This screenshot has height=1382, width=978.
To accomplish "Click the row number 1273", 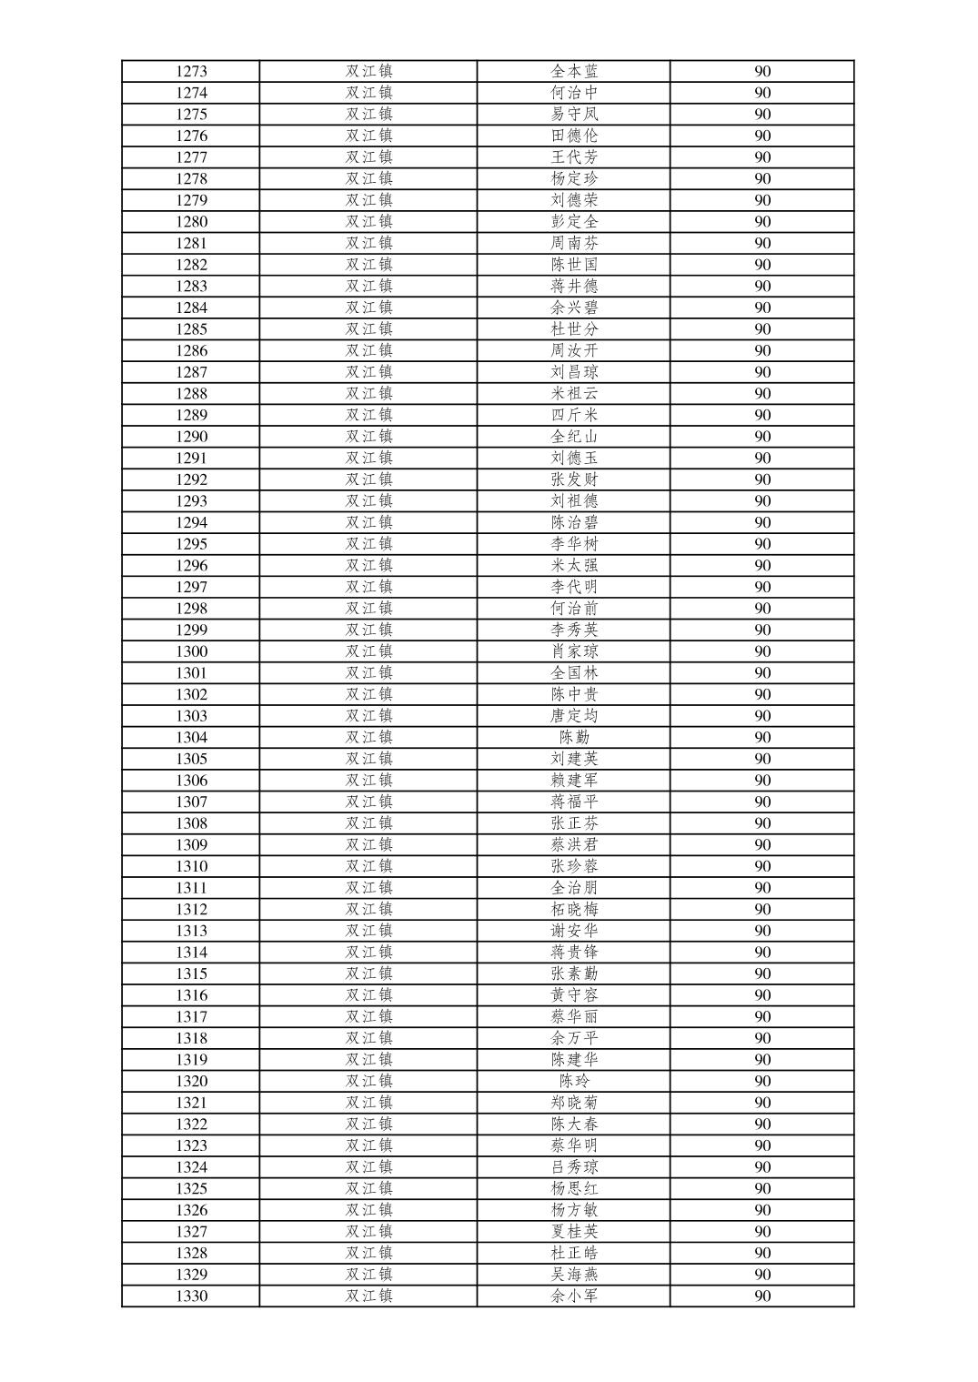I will [x=191, y=71].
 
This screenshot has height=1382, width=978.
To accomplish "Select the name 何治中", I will [x=574, y=93].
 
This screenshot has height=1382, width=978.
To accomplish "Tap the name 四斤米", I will [x=574, y=415].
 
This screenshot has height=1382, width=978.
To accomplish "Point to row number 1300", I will [x=191, y=651].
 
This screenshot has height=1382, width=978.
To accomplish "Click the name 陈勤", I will [x=574, y=738].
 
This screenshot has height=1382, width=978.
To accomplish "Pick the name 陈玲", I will [x=574, y=1081].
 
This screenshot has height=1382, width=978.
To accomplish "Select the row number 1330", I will [x=191, y=1296].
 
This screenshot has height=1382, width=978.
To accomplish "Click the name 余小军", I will [x=574, y=1296].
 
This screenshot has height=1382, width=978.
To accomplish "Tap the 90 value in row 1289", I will [x=762, y=415].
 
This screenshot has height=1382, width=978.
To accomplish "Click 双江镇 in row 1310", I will [x=368, y=866].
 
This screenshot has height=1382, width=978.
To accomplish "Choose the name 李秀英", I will [x=574, y=630].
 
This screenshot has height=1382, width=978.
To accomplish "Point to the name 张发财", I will [x=574, y=479].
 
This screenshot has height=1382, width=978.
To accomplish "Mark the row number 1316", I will [x=191, y=995].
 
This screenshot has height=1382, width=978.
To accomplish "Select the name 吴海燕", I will [x=574, y=1275].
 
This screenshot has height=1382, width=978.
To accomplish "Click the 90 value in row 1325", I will [x=762, y=1188].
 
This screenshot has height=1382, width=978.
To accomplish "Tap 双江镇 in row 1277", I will [x=368, y=157].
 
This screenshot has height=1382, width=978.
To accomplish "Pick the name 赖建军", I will [x=574, y=781].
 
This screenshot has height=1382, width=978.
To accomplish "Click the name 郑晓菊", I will [x=574, y=1103].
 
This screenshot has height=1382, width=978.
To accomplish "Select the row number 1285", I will [x=191, y=329].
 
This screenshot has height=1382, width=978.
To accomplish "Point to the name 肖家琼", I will [x=574, y=651].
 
